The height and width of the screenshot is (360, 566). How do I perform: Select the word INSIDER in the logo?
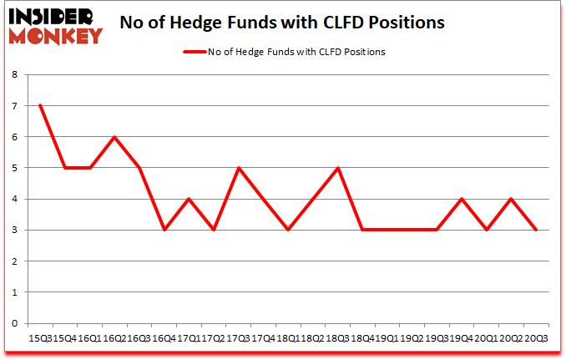coord(53,16)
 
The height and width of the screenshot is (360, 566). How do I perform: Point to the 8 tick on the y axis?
coord(14,74)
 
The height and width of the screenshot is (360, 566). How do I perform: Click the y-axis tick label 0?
coord(14,323)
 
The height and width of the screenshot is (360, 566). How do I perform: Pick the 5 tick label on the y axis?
coord(14,168)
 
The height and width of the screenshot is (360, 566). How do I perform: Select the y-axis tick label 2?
coord(14,261)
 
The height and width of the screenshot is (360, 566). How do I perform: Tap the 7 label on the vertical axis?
coord(14,105)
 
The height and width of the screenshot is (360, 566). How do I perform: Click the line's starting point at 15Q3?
coord(39,105)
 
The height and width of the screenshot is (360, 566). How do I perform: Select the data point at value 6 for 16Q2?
coord(114,137)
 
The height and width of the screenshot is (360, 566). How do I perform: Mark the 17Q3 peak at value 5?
coord(239,168)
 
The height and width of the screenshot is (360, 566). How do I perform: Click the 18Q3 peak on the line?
coord(338,168)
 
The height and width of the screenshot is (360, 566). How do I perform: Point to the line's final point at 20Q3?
coord(537,230)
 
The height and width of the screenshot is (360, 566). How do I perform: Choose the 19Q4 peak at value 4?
coord(462,199)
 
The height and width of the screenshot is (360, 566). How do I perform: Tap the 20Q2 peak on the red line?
coord(512,199)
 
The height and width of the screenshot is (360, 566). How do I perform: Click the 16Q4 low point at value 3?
coord(164,230)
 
